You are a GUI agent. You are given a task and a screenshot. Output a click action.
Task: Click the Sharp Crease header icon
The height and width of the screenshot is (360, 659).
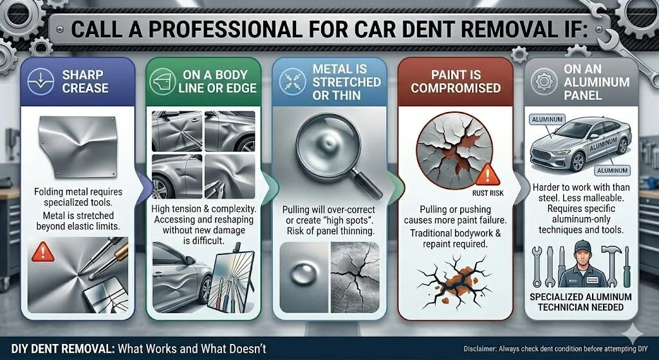[41, 81]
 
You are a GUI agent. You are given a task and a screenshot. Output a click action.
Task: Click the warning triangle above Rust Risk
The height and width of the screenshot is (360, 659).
[488, 175]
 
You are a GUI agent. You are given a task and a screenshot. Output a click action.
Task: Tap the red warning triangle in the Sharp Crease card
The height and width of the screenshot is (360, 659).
[43, 252]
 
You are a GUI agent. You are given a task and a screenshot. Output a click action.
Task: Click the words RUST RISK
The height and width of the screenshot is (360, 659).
[488, 193]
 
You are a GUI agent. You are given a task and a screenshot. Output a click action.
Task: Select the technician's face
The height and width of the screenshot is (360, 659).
[582, 256]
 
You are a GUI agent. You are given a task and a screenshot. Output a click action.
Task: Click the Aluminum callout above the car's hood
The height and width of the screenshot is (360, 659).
[547, 119]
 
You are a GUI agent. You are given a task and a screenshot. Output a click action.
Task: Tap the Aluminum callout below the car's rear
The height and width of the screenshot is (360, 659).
[611, 170]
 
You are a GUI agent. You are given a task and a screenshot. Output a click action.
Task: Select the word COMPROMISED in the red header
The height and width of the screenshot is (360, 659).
[456, 88]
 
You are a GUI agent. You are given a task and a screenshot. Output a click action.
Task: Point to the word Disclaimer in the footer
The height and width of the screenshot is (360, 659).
[479, 348]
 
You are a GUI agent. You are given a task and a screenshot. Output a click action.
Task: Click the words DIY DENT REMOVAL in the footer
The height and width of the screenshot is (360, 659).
[62, 348]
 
